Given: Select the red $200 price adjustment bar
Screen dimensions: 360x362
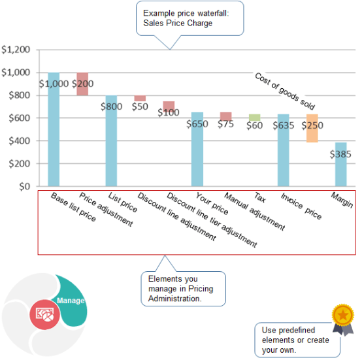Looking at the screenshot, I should point(82,84).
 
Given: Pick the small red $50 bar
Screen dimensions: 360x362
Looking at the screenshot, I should point(140,99).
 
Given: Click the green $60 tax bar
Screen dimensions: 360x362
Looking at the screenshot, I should point(254,118).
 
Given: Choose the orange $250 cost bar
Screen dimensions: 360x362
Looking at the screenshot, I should point(312,128).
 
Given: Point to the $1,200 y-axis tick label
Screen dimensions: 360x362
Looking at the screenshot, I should point(16,50).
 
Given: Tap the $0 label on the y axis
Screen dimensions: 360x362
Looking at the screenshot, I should point(24,187).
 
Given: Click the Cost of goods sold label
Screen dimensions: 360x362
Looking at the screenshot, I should point(284,91).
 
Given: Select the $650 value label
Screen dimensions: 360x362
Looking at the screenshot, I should point(197,123).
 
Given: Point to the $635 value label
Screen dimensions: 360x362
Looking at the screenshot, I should point(283,125).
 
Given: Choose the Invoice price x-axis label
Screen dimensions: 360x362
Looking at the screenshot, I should point(301,206).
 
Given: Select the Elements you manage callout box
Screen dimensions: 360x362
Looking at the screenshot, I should point(182,289).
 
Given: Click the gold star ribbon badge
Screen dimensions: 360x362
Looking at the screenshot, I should point(342,316).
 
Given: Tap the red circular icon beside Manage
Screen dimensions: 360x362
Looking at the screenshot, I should point(44,313).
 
